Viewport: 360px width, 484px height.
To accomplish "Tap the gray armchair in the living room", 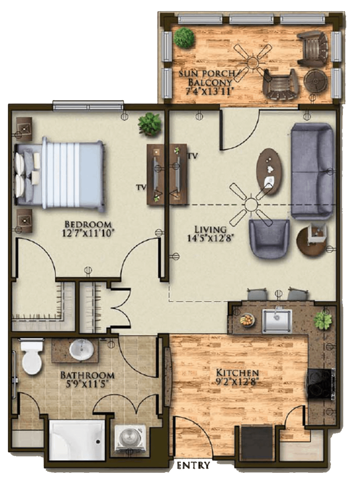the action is [x=269, y=238].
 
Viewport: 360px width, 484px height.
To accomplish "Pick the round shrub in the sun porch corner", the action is [x=184, y=38].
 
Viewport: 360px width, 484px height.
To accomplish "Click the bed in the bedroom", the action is [x=59, y=173].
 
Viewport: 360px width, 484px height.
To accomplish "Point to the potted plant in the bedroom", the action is [x=150, y=124].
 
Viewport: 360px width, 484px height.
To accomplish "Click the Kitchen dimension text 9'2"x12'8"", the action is [x=237, y=382].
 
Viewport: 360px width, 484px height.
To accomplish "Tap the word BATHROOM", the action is [x=87, y=376].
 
